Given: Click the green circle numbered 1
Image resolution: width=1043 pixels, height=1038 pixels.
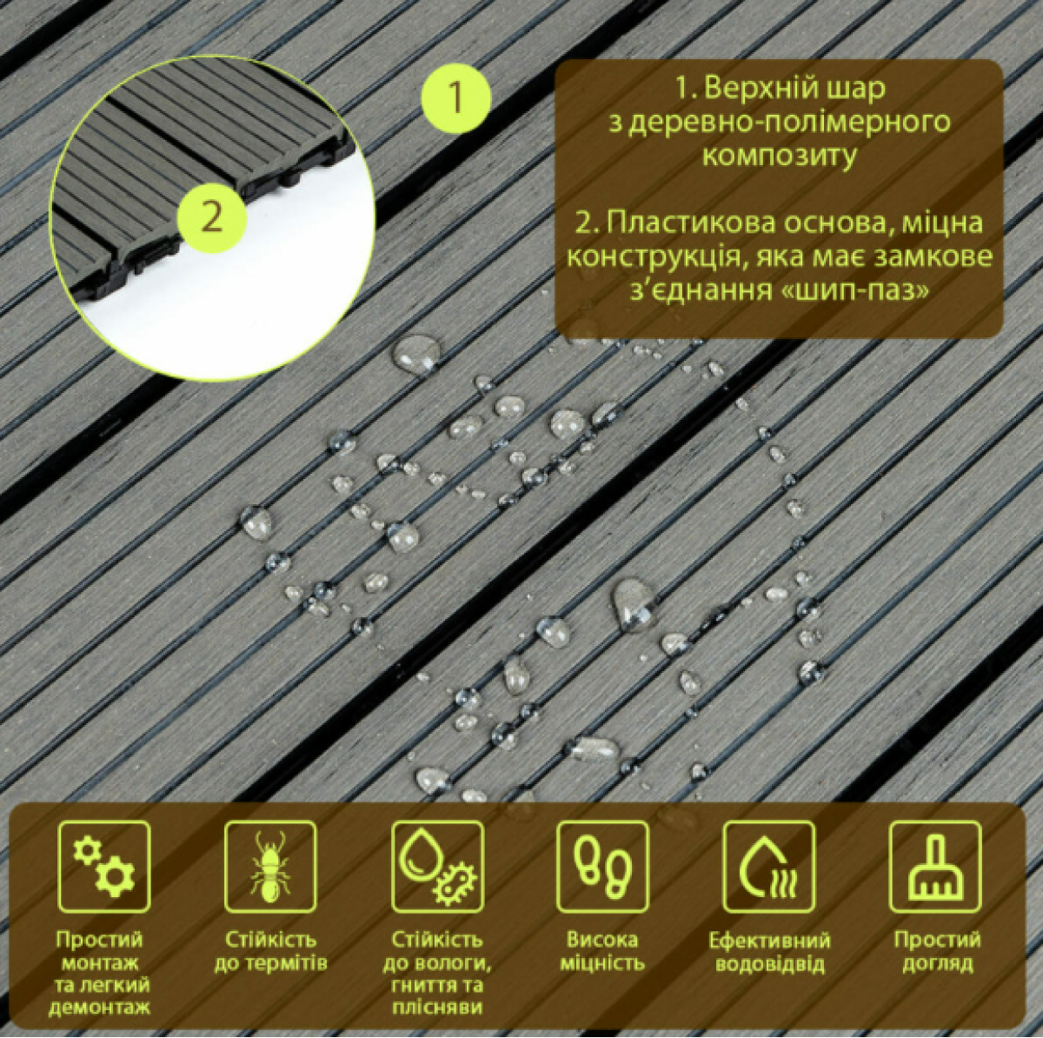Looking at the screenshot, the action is point(456,98).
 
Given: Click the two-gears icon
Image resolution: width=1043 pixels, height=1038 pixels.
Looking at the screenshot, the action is point(104,867).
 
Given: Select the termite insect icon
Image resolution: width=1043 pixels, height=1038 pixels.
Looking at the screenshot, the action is point(270,867).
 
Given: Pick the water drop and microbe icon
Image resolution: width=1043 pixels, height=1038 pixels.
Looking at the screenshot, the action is point(438,867).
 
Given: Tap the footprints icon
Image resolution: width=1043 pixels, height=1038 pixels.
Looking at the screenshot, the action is point(602,867).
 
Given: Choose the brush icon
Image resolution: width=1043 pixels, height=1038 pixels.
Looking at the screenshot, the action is point(936,867).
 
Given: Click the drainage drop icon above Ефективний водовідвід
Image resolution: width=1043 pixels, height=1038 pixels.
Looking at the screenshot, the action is point(769,867).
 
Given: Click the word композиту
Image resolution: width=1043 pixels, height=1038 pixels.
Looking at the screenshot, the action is point(780,157).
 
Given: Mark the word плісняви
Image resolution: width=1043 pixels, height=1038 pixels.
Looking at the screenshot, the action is point(438,1008).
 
